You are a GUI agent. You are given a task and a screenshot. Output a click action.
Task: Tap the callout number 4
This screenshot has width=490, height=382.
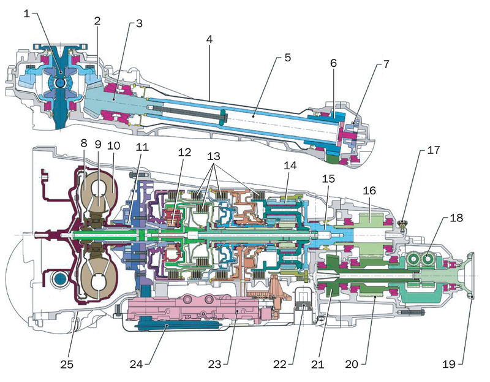(x=209, y=39)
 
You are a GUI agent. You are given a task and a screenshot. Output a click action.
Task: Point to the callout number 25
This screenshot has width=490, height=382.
(x=66, y=364)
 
